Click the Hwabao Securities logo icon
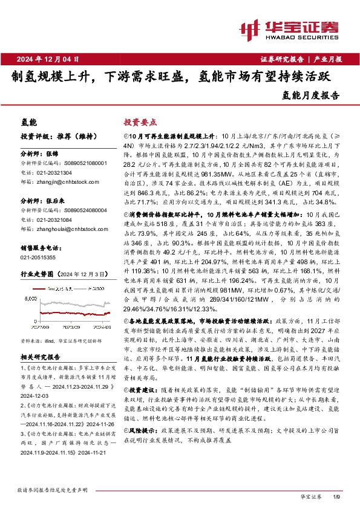[x=250, y=29]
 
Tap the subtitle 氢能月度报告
[x=311, y=95]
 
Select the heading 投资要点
[x=140, y=122]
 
